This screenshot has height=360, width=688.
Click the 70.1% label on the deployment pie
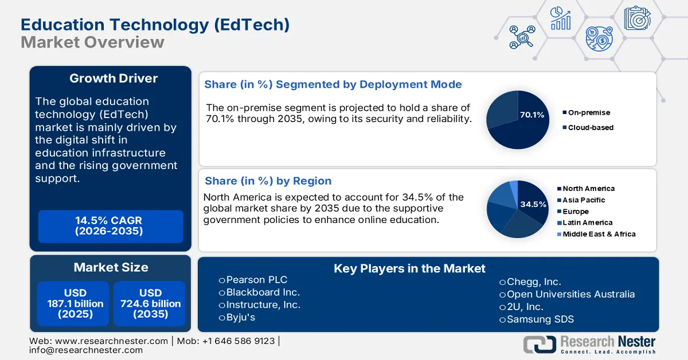coord(532,115)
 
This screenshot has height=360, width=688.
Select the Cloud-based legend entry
coord(588,127)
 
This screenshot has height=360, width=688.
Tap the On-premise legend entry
coord(587,112)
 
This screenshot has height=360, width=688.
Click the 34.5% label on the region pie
coord(533,204)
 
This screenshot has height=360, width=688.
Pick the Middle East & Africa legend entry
coord(596,234)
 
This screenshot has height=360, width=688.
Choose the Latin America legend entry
coord(585,222)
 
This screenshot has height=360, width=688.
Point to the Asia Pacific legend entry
coord(581,200)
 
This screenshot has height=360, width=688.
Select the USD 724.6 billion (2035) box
coord(150,303)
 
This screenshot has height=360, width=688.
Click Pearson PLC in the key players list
coord(253,280)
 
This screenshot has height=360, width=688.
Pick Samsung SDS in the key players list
coord(537,319)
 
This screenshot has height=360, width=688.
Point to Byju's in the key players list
coord(237,318)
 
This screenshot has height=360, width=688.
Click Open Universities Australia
coord(567,294)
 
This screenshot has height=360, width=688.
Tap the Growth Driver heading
coord(114,79)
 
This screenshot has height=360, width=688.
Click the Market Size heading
coord(111,267)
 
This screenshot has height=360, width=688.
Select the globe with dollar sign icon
coord(599,39)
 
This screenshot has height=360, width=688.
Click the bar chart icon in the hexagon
coord(561,18)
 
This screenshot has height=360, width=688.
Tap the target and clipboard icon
coord(638,18)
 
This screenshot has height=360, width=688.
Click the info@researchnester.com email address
coord(86,350)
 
